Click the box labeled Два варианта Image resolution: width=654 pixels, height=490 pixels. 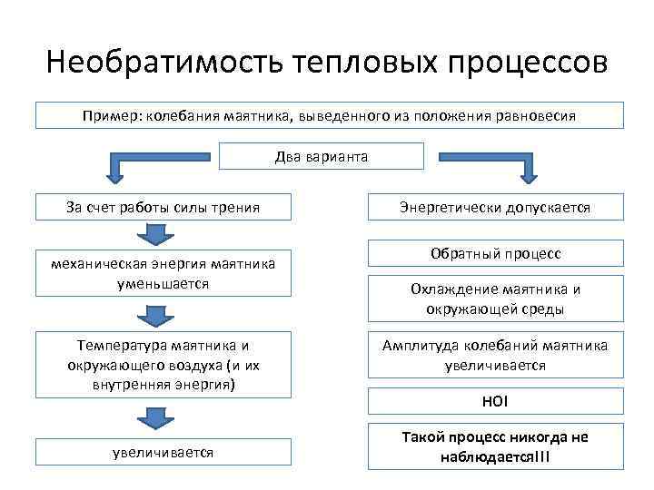point(322,157)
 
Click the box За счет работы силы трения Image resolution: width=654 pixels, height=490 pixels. point(163,207)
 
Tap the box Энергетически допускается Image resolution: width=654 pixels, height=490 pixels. point(495,208)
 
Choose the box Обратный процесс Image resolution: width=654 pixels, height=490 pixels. point(495,253)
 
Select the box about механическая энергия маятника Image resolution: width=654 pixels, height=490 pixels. point(163,273)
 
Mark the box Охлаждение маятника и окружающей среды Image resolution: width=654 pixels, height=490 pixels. point(495,299)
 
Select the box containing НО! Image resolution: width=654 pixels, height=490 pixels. point(495,401)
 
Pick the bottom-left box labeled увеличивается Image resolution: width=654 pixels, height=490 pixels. point(163,452)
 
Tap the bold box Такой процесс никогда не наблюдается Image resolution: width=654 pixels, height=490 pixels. point(495,446)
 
